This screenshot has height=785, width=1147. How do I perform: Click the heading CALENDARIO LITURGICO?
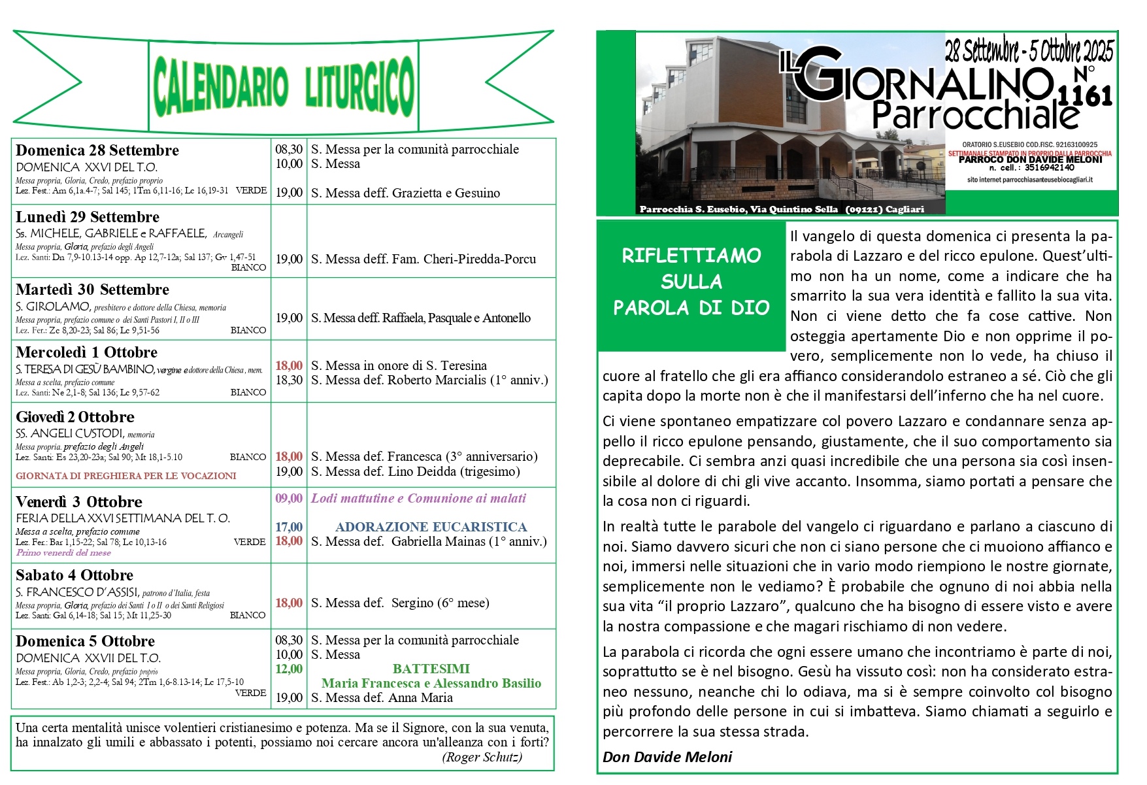pyautogui.click(x=284, y=86)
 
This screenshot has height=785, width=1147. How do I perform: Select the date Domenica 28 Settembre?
pyautogui.click(x=97, y=150)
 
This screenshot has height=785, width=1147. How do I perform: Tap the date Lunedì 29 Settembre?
pyautogui.click(x=88, y=217)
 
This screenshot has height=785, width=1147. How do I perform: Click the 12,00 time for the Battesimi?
pyautogui.click(x=289, y=669)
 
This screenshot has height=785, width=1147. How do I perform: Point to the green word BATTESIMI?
pyautogui.click(x=431, y=669)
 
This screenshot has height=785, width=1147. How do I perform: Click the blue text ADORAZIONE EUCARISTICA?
pyautogui.click(x=431, y=527)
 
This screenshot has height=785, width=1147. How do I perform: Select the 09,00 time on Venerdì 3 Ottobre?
pyautogui.click(x=289, y=498)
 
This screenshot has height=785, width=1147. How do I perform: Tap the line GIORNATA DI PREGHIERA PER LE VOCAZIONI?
pyautogui.click(x=126, y=476)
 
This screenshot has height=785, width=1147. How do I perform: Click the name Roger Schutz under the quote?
pyautogui.click(x=482, y=757)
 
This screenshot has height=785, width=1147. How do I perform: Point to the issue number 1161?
pyautogui.click(x=1085, y=97)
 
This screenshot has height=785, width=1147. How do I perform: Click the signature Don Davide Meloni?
pyautogui.click(x=667, y=757)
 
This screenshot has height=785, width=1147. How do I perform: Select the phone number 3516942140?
pyautogui.click(x=1050, y=168)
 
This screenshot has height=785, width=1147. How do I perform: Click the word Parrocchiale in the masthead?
pyautogui.click(x=975, y=116)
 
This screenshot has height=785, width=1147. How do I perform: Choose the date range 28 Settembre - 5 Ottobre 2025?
pyautogui.click(x=1029, y=51)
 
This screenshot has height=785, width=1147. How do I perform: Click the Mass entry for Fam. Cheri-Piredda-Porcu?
pyautogui.click(x=424, y=259)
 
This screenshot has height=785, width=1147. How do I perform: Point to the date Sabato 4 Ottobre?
pyautogui.click(x=75, y=575)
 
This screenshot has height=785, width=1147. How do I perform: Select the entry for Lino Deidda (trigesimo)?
pyautogui.click(x=416, y=471)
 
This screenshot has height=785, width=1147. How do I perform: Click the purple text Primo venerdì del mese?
pyautogui.click(x=63, y=553)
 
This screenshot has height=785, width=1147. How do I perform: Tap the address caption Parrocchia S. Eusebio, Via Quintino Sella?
pyautogui.click(x=739, y=209)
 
